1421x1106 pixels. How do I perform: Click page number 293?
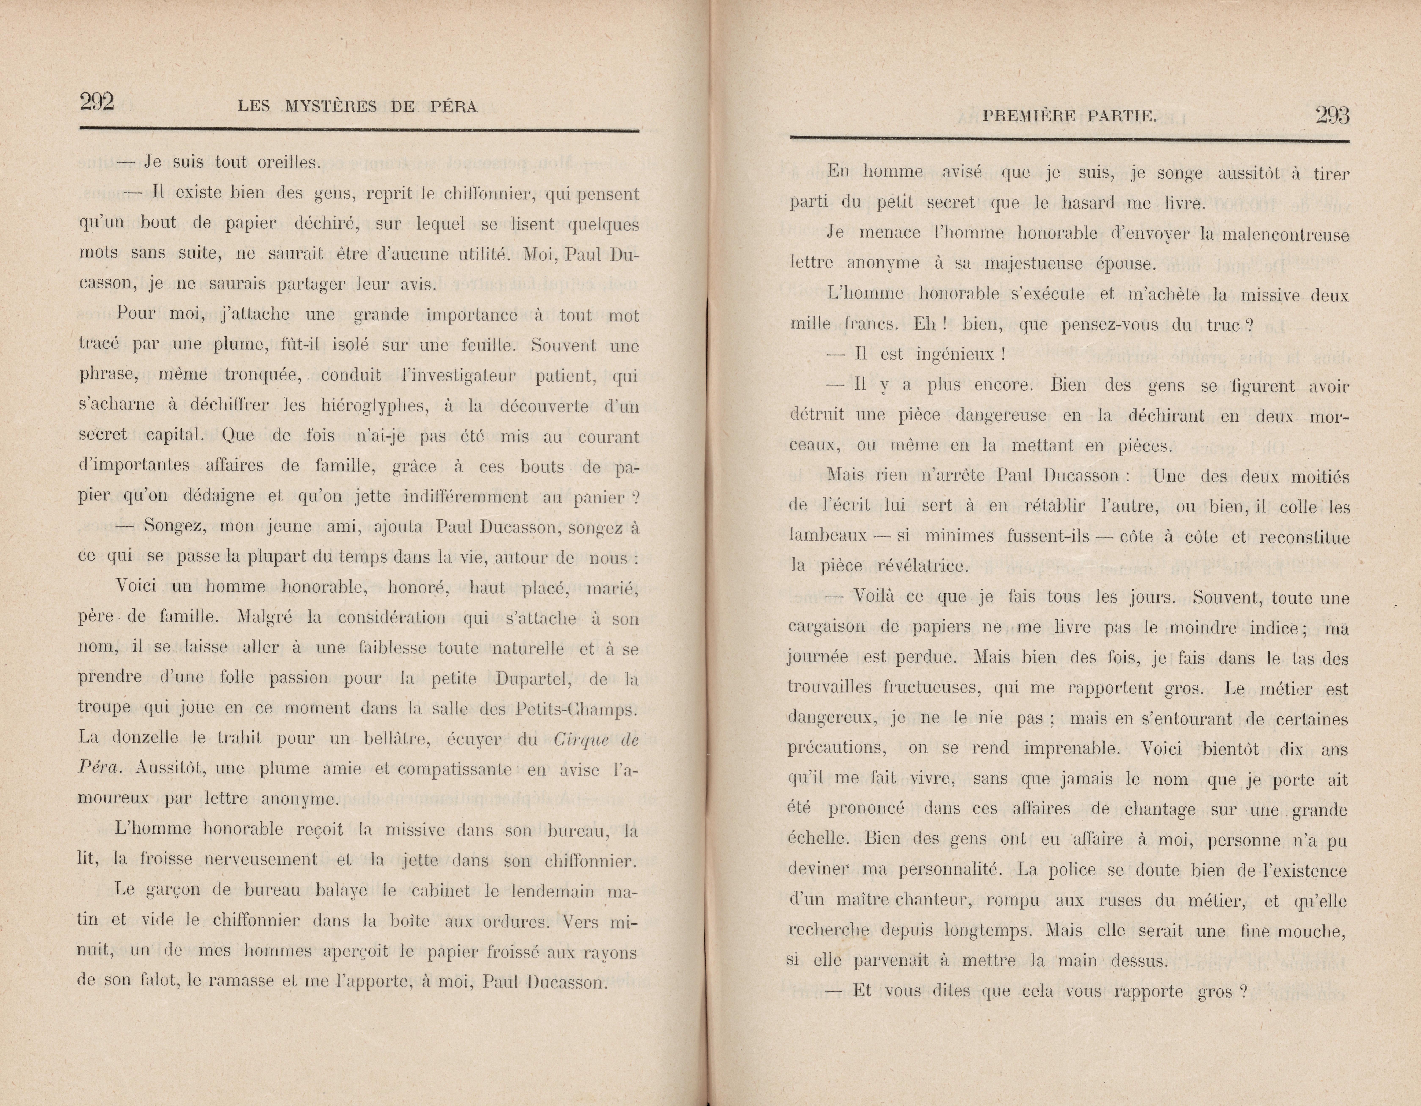1332,115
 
